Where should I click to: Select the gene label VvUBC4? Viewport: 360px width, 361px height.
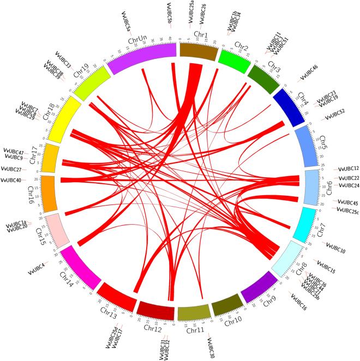coord(36,269)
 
